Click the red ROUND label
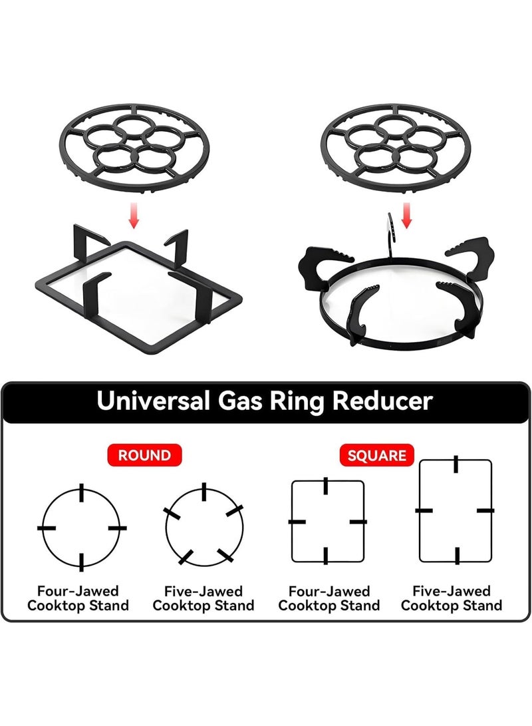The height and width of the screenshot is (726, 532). tap(144, 455)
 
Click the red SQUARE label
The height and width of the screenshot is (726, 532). tap(376, 455)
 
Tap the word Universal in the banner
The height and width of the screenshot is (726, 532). tap(153, 401)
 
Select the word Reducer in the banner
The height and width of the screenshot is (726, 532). tap(382, 401)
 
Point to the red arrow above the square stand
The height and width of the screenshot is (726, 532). tap(134, 215)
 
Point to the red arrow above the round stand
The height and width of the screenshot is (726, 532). tap(406, 215)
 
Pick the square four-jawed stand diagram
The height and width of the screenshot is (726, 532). tap(292, 521)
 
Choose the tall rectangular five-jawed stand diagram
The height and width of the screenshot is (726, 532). tap(420, 510)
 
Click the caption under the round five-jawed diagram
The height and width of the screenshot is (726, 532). tap(203, 598)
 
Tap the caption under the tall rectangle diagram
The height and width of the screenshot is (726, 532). tap(452, 598)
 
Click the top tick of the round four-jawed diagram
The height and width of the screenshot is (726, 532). tap(82, 492)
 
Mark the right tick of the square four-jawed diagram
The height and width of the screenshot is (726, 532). tap(358, 522)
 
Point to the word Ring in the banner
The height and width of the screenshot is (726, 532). tap(298, 401)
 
